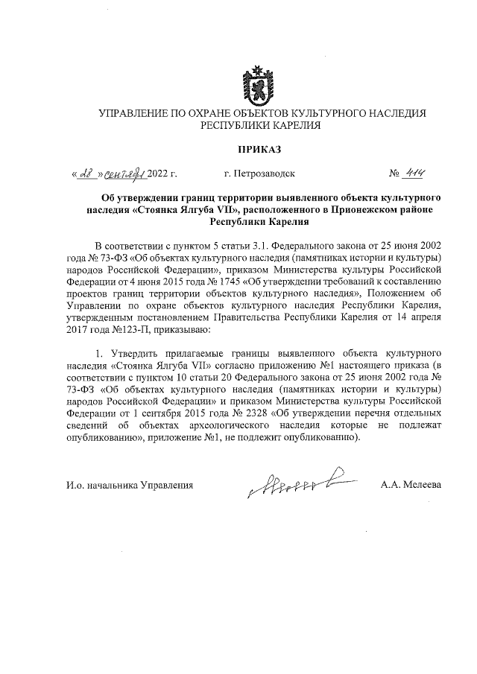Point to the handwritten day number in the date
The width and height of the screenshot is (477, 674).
tap(88, 174)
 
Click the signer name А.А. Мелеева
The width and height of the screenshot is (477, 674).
tap(411, 485)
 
